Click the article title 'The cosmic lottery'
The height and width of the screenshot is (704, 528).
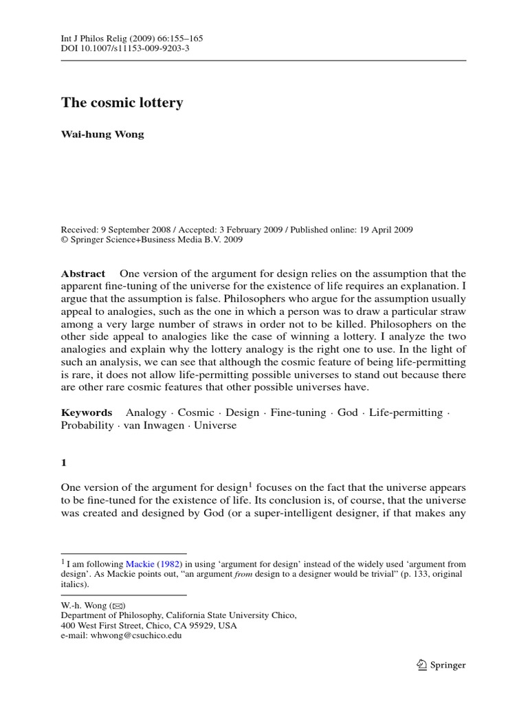[122, 103]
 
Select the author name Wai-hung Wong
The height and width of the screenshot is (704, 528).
[103, 135]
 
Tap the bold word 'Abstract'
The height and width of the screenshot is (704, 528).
[83, 274]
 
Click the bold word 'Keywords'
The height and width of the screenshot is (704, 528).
[87, 412]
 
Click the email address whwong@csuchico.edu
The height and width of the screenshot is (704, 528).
[133, 636]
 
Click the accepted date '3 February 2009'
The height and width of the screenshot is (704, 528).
[264, 230]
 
